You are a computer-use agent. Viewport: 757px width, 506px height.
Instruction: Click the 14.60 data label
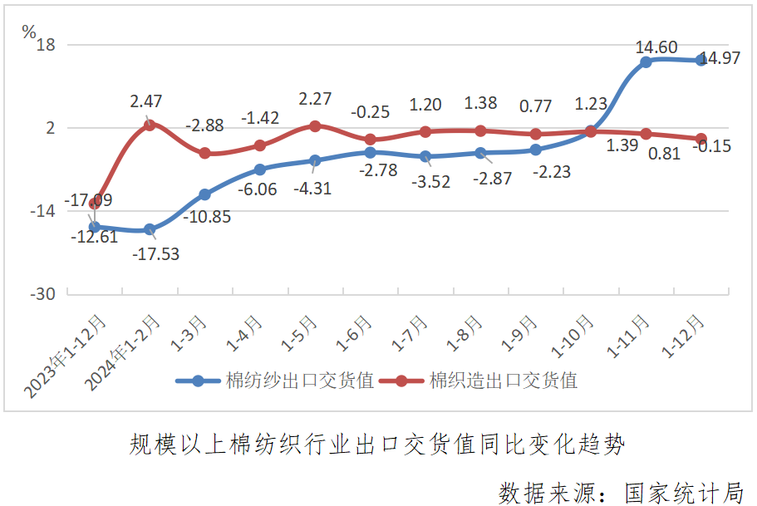[x=656, y=47]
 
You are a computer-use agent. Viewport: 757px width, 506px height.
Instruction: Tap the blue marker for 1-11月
[x=646, y=62]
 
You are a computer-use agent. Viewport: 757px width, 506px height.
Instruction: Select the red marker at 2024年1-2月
[x=150, y=125]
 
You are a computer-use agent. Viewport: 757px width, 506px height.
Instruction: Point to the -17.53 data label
[x=155, y=253]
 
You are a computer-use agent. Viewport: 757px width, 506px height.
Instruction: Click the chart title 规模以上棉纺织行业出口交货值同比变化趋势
[x=377, y=444]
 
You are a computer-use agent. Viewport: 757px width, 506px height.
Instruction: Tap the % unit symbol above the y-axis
[x=29, y=32]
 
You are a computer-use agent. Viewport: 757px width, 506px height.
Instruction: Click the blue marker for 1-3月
[x=204, y=194]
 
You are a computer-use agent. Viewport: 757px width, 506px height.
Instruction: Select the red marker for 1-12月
[x=700, y=139]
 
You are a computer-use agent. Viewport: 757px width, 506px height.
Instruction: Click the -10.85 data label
[x=208, y=217]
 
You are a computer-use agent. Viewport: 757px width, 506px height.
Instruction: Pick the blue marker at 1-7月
[x=425, y=156]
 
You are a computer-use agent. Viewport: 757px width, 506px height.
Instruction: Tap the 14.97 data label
[x=720, y=59]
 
